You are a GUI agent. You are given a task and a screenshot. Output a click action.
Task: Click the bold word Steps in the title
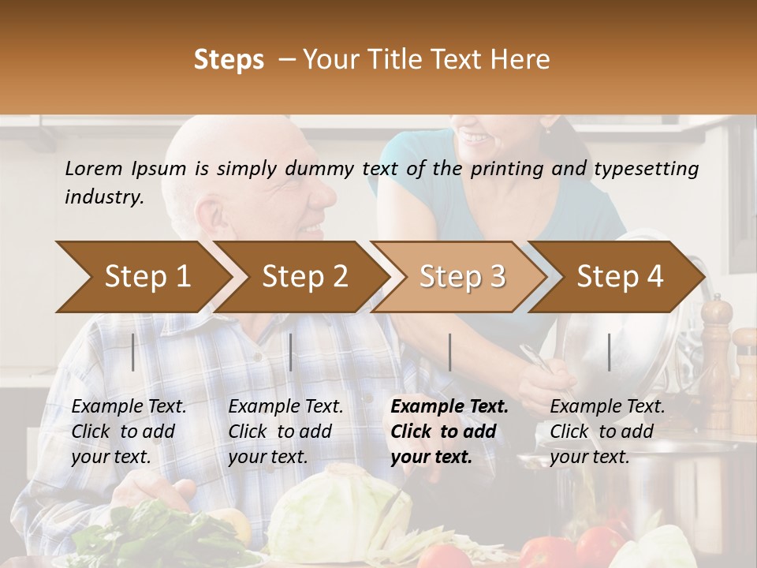click(229, 60)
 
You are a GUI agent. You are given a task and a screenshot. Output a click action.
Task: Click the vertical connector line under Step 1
click(133, 352)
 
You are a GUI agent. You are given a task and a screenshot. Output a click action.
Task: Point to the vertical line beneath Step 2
click(291, 352)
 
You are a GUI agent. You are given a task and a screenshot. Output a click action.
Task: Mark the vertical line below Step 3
click(449, 352)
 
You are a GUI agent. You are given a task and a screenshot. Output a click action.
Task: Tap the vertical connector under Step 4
click(609, 352)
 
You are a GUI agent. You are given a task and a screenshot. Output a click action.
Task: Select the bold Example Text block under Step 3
click(449, 432)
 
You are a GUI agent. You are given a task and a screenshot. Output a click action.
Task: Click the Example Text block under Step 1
click(129, 432)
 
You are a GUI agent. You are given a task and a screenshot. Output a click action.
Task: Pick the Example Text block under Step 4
click(607, 432)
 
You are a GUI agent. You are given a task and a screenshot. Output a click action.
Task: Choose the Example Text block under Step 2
click(285, 432)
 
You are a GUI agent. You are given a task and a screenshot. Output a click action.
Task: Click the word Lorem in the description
click(94, 168)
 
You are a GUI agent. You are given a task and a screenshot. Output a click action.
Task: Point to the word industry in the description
click(104, 197)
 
